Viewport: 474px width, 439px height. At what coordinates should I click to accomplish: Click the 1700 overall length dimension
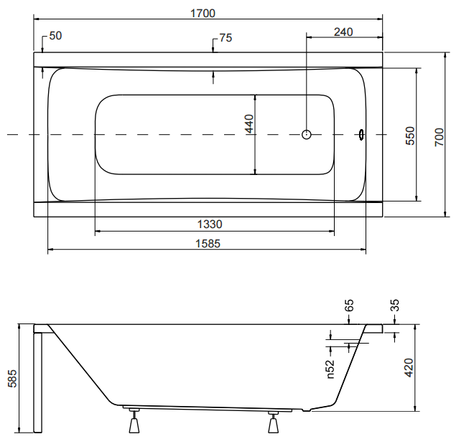coord(203,14)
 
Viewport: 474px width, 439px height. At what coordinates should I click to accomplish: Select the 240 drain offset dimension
coord(343,32)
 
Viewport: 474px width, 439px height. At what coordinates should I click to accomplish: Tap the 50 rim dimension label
coord(55,36)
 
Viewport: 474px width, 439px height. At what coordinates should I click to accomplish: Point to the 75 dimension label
coord(226,38)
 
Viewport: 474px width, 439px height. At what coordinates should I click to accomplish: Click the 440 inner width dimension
coord(250,123)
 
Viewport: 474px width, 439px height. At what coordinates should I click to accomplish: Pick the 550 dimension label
coord(410,136)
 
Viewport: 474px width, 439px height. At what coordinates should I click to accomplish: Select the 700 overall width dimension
coord(440,138)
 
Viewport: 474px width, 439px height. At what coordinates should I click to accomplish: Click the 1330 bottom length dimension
coord(210,225)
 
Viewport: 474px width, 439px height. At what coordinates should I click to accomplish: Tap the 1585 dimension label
coord(208,243)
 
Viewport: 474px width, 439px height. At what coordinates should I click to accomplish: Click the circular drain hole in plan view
coord(306,134)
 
